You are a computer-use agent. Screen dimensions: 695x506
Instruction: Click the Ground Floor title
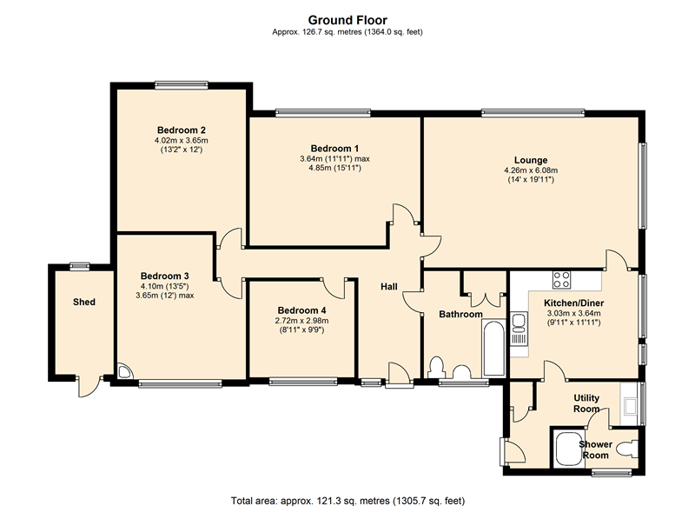[x=347, y=20]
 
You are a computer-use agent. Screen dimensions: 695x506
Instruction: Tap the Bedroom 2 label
[x=182, y=130]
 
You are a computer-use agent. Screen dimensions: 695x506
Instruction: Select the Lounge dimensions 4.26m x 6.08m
[x=531, y=170]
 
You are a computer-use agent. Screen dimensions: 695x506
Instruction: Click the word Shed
[x=84, y=302]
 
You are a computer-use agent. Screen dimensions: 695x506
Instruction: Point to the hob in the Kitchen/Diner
[x=561, y=279]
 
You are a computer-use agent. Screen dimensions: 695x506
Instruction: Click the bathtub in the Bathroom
[x=493, y=348]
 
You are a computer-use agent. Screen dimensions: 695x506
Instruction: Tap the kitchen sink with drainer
[x=519, y=329]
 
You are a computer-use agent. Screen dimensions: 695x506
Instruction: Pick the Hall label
[x=388, y=287]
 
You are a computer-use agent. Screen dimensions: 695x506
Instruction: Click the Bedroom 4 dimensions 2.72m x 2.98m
[x=301, y=321]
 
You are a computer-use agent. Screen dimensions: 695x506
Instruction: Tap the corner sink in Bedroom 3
[x=124, y=371]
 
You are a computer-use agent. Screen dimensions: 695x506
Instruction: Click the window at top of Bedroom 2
[x=182, y=84]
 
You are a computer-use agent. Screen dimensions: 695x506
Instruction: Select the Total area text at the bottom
[x=348, y=501]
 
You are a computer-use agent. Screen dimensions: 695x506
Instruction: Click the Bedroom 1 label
[x=334, y=149]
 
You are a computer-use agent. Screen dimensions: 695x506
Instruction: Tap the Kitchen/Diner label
[x=574, y=303]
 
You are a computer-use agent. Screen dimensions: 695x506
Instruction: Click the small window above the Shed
[x=80, y=266]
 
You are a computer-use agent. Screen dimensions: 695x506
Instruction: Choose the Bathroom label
[x=460, y=315]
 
